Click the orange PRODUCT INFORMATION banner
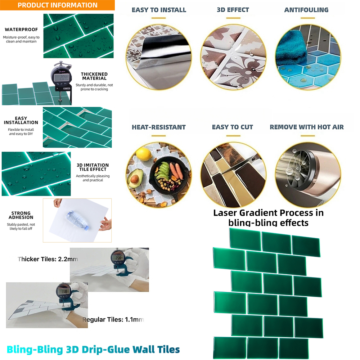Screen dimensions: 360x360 coord(57,5)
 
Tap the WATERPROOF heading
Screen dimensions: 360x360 coord(21,30)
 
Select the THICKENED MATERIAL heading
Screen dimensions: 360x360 coord(94,76)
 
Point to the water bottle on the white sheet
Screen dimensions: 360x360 coord(77,221)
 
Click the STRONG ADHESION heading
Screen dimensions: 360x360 coord(21,215)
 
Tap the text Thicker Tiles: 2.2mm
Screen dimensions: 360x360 coord(48,259)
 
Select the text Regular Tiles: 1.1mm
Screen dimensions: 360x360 coord(113,320)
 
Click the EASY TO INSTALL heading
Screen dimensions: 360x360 coord(159,10)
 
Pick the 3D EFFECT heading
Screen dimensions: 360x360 coord(233,10)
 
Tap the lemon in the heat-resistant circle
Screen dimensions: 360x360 coord(144,154)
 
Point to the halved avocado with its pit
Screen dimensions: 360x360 coord(135,179)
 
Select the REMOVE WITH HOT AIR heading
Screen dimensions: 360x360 coord(307,127)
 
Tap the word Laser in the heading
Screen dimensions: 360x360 coord(225,213)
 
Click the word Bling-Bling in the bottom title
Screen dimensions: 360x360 coord(35,350)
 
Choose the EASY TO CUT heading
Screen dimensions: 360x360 coord(232,127)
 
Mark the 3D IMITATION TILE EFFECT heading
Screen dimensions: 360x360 coord(93,167)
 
